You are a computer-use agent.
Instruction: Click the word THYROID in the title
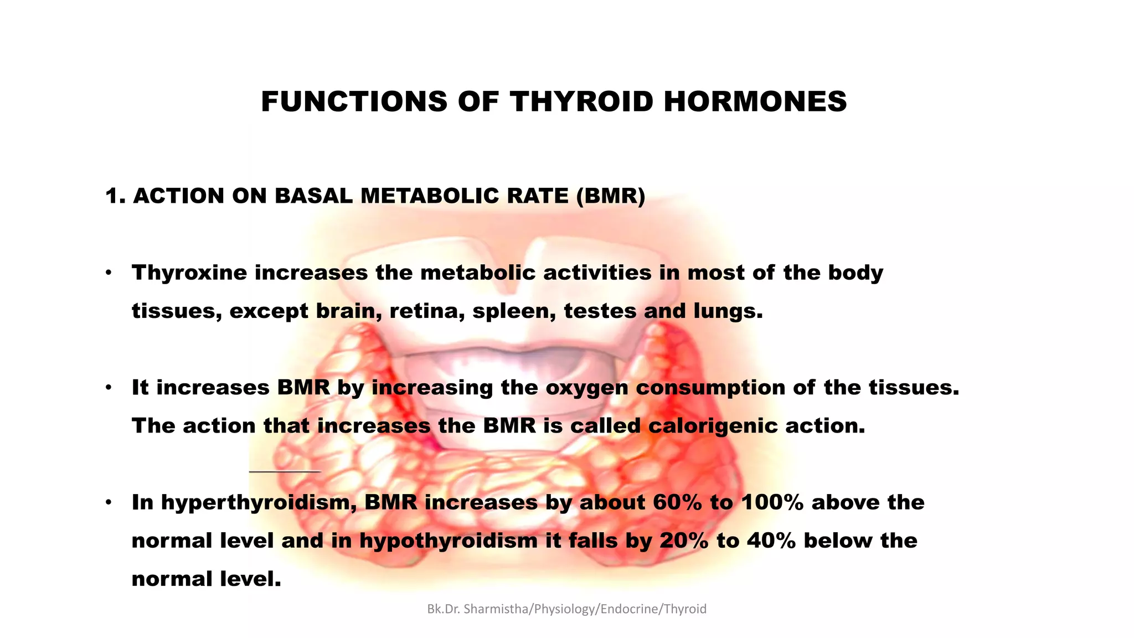tap(581, 102)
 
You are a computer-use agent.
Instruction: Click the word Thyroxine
tap(189, 273)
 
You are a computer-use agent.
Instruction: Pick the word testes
tap(600, 311)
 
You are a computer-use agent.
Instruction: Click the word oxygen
tap(587, 388)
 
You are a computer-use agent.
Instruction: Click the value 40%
tap(771, 541)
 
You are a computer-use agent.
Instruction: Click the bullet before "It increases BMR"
tap(109, 387)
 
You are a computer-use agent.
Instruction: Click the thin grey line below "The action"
tap(285, 472)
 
